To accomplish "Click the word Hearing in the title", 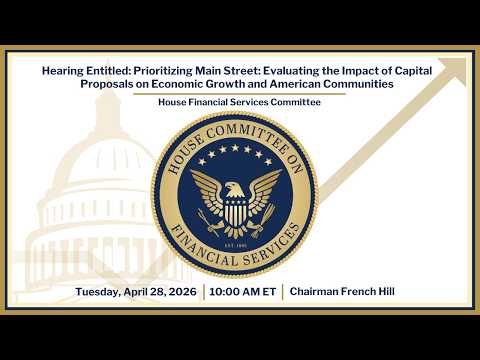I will (60, 71).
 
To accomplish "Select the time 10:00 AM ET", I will (242, 292).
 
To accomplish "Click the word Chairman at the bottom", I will (318, 292).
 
